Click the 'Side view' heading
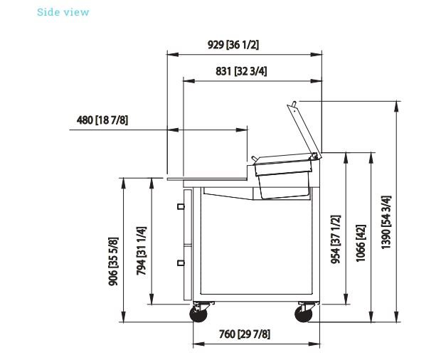(63, 12)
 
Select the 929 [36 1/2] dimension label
(233, 45)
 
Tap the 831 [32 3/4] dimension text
(241, 71)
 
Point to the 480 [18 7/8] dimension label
(102, 120)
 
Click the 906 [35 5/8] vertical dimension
(113, 261)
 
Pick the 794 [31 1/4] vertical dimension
(142, 251)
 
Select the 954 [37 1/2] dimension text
(336, 239)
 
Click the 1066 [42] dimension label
(361, 243)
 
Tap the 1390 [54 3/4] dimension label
(386, 222)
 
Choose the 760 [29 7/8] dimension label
(245, 334)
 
